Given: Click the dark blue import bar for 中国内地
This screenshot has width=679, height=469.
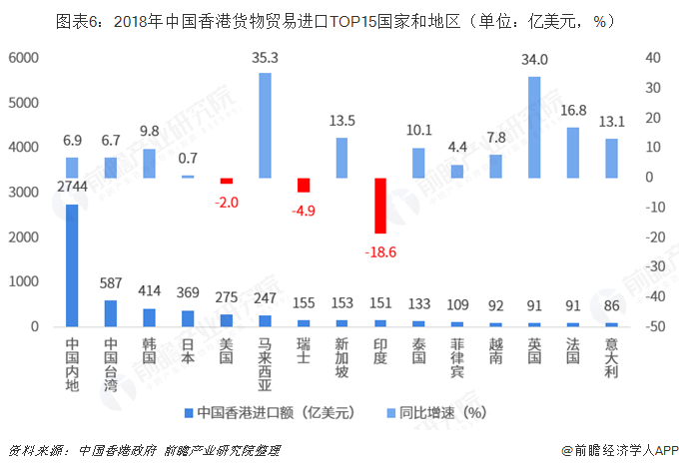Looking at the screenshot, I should (72, 265).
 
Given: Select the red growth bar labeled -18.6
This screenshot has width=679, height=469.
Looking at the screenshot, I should (380, 205).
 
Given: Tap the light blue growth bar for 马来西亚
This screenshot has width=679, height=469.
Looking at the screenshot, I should (265, 125).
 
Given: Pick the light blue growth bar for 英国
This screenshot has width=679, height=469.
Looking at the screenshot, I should (534, 127).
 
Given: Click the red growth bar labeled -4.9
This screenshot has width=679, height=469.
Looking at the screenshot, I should (304, 185).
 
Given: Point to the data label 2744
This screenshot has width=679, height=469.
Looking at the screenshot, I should (72, 189).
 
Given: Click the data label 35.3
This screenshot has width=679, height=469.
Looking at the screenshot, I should (265, 59).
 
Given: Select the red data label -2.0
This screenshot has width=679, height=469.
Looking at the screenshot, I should (227, 203).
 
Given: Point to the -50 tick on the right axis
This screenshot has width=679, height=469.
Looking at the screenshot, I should (656, 326).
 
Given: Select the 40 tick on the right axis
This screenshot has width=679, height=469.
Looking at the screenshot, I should (654, 58).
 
